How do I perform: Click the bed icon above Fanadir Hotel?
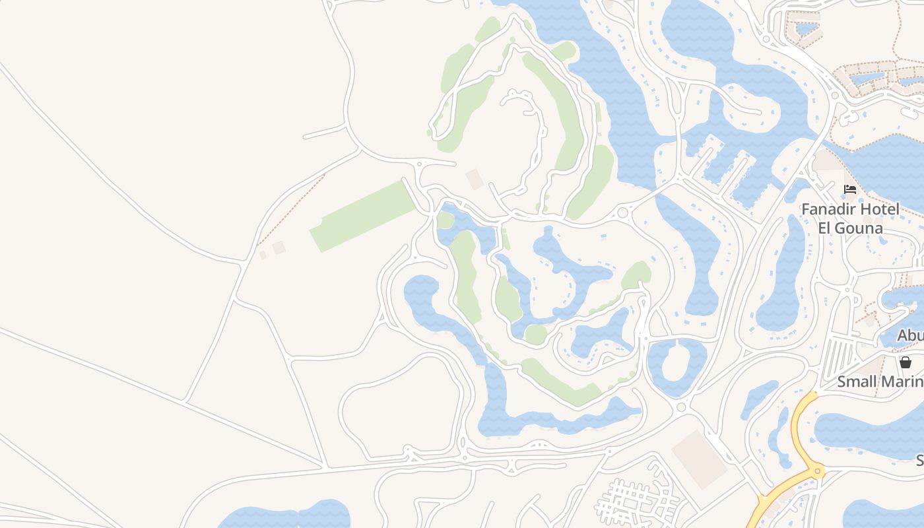tap(850, 189)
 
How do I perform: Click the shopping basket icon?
tap(906, 362)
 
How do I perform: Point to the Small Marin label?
tap(880, 381)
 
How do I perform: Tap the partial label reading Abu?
tap(911, 335)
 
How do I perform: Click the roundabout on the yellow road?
tap(818, 471)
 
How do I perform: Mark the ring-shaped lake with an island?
tap(678, 367)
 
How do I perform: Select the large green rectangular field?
tap(362, 216)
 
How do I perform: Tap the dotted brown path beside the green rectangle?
tap(290, 210)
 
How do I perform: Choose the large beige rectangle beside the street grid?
tap(700, 459)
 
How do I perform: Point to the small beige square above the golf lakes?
tap(475, 179)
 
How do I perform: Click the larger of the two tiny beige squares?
tap(279, 247)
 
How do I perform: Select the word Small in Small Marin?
tap(857, 381)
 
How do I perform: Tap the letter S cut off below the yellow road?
tap(919, 460)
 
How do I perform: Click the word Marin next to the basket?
tap(902, 381)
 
